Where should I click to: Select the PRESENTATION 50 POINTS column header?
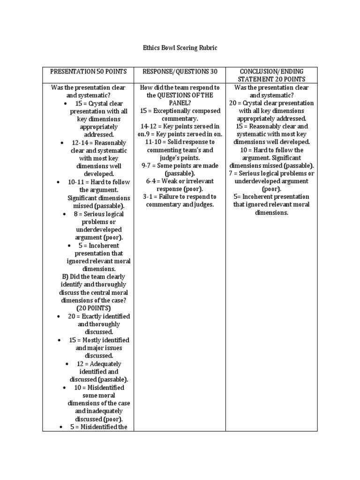click(88, 71)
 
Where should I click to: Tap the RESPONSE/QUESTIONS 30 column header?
click(180, 71)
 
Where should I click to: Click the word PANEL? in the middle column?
click(180, 103)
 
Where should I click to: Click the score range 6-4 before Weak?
click(152, 181)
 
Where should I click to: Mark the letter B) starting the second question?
click(62, 277)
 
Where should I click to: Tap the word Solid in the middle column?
click(177, 142)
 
